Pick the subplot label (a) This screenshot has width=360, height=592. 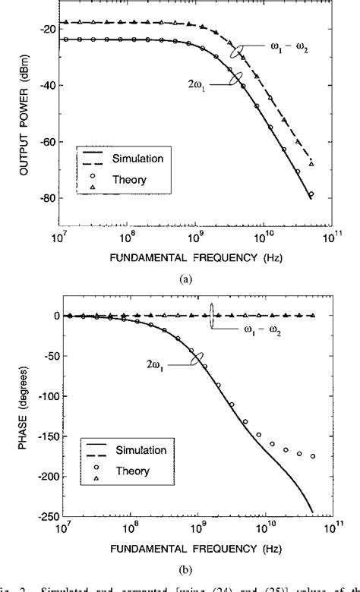click(184, 279)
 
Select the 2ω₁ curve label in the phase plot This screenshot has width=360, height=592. click(166, 364)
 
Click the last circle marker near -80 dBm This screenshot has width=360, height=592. click(311, 194)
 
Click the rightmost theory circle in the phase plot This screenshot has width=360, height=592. click(312, 456)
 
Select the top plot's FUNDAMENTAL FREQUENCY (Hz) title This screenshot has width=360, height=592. click(184, 257)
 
